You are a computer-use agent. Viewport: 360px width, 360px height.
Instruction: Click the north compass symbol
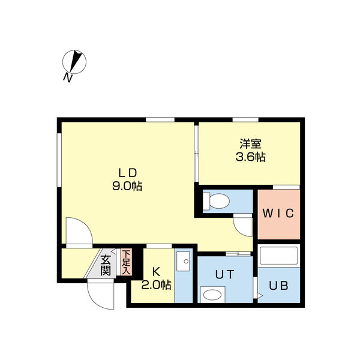(74, 62)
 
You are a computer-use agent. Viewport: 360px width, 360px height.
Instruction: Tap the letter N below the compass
(68, 78)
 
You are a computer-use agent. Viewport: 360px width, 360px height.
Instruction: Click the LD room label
(127, 173)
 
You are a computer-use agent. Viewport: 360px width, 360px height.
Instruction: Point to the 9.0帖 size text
(127, 186)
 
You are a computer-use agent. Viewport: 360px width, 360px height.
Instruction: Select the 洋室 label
(250, 144)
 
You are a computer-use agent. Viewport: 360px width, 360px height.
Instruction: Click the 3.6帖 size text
(250, 157)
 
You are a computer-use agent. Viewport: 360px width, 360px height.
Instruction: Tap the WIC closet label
(278, 214)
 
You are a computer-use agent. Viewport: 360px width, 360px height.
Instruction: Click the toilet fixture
(216, 201)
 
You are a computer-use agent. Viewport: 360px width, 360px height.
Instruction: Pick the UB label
(278, 286)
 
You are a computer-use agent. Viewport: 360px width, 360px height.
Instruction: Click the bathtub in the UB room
(278, 256)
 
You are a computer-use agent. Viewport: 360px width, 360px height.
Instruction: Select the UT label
(224, 274)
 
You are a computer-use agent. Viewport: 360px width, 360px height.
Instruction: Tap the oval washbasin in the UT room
(212, 295)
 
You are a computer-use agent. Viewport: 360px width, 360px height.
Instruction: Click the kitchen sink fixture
(183, 261)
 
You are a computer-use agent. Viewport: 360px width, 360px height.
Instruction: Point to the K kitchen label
(156, 272)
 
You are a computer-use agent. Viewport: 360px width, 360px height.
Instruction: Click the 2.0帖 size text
(156, 285)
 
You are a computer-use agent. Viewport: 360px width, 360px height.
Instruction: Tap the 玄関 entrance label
(106, 265)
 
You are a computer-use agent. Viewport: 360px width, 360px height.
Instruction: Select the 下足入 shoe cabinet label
(126, 262)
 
